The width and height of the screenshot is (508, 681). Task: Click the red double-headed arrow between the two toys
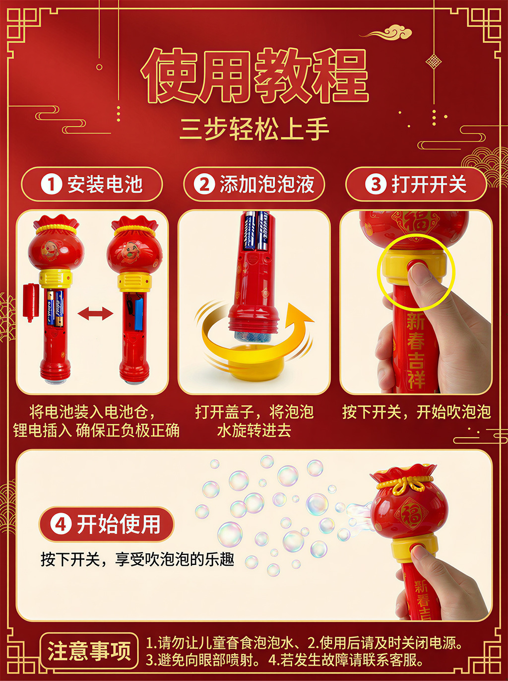pyautogui.click(x=95, y=313)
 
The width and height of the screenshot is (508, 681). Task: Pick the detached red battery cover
pyautogui.click(x=31, y=302)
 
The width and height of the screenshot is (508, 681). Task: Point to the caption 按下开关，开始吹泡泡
pyautogui.click(x=416, y=412)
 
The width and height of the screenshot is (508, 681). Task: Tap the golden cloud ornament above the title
pyautogui.click(x=386, y=32)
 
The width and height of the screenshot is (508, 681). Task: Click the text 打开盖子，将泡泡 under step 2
pyautogui.click(x=254, y=412)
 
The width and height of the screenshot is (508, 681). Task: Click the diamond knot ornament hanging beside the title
pyautogui.click(x=434, y=62)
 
